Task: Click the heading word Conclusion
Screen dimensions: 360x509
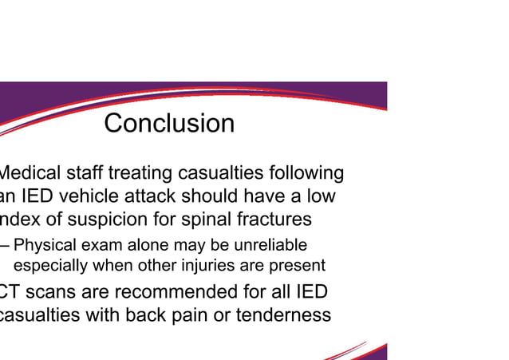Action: point(169,124)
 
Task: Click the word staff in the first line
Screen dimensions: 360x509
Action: point(82,173)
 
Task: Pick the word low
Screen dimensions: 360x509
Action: point(320,196)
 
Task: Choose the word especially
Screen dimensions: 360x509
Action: point(50,266)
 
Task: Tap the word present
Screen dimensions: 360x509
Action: point(299,266)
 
